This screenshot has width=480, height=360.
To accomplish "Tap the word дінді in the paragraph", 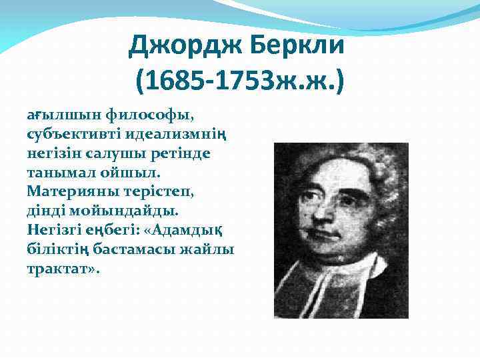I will (45, 211).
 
